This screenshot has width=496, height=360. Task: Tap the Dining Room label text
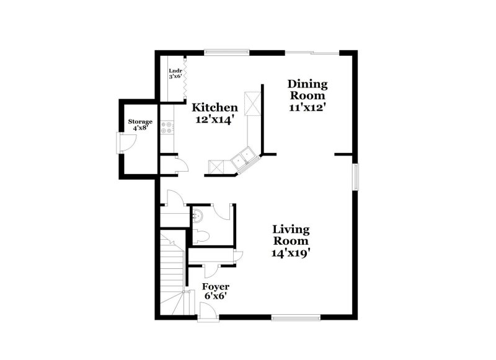[x=307, y=90]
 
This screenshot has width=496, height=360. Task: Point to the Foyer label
[x=216, y=287]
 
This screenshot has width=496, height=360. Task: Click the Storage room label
[x=140, y=121]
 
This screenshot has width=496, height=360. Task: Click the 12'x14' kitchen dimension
[x=214, y=120]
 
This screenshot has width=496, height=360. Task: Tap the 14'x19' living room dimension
[x=291, y=252]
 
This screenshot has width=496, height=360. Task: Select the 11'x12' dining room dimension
[x=308, y=107]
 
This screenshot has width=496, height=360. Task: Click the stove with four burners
[x=167, y=128]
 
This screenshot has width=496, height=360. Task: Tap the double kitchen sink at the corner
[x=243, y=157]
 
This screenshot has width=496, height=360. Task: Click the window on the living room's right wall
[x=356, y=177]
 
